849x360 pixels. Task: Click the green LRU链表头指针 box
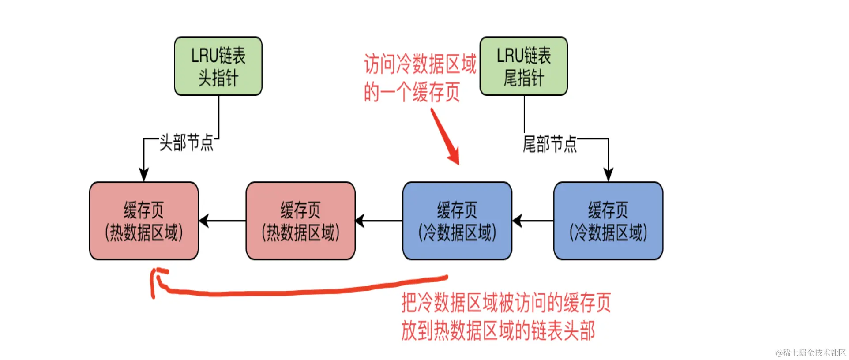pyautogui.click(x=218, y=66)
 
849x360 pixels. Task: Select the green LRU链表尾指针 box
pyautogui.click(x=523, y=66)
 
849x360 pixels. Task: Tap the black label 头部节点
pyautogui.click(x=186, y=142)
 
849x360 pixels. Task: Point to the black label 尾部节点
pyautogui.click(x=549, y=144)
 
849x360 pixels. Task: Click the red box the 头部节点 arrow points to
pyautogui.click(x=144, y=221)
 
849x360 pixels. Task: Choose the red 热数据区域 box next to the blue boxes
pyautogui.click(x=301, y=221)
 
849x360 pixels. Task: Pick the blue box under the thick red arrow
pyautogui.click(x=457, y=221)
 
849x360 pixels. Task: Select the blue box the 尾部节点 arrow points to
pyautogui.click(x=608, y=221)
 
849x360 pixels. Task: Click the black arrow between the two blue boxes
pyautogui.click(x=533, y=221)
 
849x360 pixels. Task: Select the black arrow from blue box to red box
pyautogui.click(x=379, y=221)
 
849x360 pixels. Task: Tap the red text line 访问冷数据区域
pyautogui.click(x=420, y=64)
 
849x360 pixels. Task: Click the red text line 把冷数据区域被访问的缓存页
pyautogui.click(x=506, y=303)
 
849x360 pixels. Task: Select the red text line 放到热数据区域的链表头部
pyautogui.click(x=498, y=330)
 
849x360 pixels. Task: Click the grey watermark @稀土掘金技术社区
pyautogui.click(x=811, y=352)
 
